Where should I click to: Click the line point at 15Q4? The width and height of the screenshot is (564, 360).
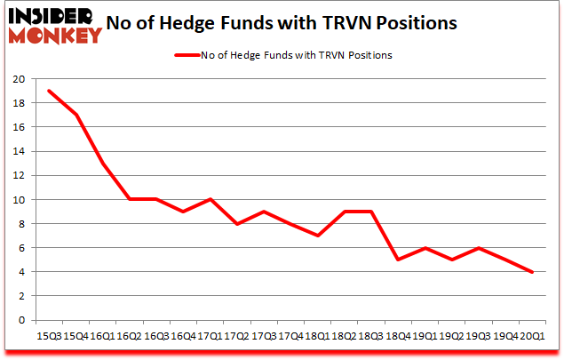[x=77, y=115]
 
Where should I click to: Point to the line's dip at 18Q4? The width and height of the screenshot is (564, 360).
[x=399, y=260]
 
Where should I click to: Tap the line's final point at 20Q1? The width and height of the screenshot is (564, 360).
[x=532, y=272]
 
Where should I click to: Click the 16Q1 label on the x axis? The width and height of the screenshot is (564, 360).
[x=104, y=337]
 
